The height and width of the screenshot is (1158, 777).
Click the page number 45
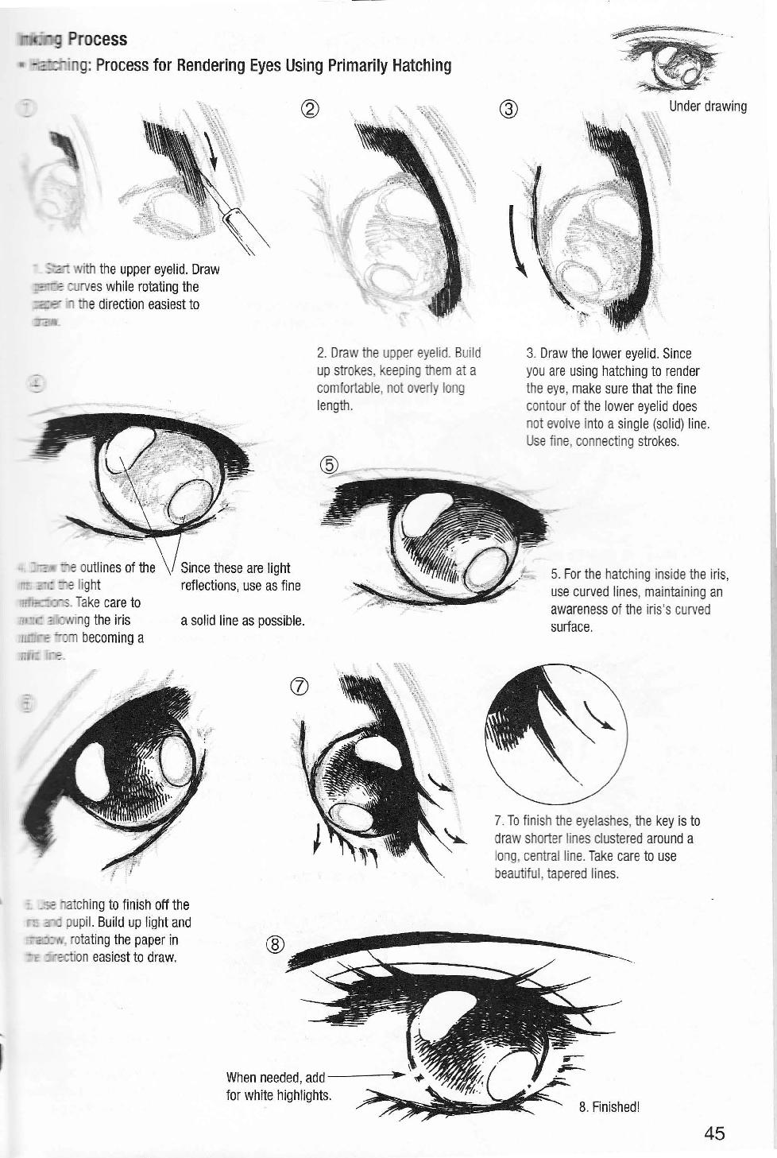713,1133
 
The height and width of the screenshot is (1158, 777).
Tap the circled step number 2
311,110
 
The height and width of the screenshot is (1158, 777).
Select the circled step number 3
509,110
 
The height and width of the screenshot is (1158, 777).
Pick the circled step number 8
274,943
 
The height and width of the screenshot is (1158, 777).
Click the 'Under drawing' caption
708,107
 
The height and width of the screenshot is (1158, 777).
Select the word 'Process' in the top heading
97,39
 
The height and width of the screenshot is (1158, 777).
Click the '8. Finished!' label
609,1107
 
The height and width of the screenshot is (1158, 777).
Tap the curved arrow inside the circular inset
601,716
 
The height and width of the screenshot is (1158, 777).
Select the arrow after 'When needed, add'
365,1075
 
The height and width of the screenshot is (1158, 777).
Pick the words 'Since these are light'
235,568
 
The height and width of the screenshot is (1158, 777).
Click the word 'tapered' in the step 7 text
563,873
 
